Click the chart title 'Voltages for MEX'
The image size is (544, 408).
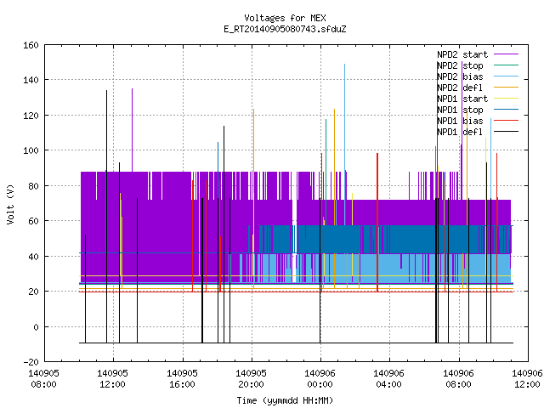(x=285, y=18)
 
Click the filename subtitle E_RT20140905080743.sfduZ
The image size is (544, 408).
(x=285, y=29)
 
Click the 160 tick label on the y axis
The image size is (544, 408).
(x=31, y=45)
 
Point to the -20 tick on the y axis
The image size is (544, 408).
(x=31, y=362)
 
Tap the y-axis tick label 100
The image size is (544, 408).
(x=31, y=150)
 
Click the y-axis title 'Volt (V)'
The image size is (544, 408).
(x=10, y=204)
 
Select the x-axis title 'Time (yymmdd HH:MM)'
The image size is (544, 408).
(x=285, y=400)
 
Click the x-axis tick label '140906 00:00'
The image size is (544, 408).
(x=320, y=379)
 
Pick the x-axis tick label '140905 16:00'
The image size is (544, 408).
(x=182, y=379)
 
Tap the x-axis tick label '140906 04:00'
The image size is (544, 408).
(x=389, y=379)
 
